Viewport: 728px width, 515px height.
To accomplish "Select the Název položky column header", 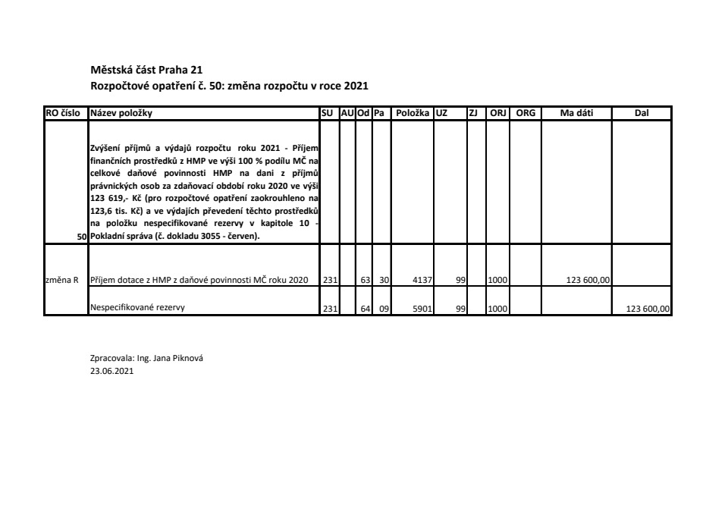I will coord(121,113).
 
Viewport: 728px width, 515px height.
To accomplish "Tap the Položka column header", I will coord(412,113).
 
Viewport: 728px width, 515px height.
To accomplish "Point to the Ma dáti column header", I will coord(576,113).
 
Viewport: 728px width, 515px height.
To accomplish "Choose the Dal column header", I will coord(642,113).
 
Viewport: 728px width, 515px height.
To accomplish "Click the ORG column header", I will coord(526,113).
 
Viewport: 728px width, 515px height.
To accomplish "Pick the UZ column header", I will coord(441,113).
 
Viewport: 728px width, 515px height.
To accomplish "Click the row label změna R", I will coord(63,280).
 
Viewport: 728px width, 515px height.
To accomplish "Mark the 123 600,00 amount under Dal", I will coord(647,308).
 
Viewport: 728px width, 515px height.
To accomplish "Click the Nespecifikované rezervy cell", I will coord(137,307).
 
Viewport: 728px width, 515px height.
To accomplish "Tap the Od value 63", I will coord(365,280).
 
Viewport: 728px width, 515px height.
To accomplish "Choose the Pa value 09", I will coord(383,308).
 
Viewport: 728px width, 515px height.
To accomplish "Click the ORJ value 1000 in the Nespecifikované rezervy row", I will coord(497,308).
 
